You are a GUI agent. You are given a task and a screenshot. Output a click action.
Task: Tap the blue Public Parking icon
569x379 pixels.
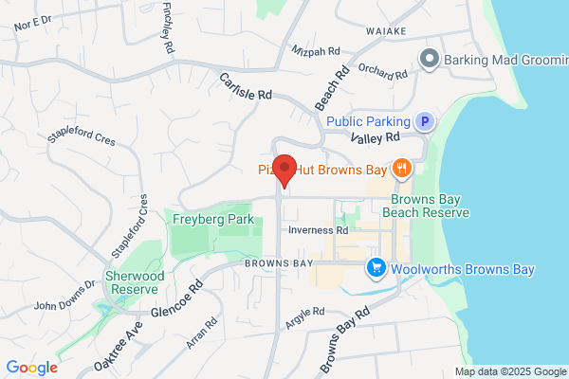pyautogui.click(x=427, y=121)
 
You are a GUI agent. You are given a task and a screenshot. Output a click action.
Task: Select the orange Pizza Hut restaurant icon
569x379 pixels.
pyautogui.click(x=403, y=169)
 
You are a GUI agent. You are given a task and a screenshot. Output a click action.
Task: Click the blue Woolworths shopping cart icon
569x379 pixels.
pyautogui.click(x=376, y=269)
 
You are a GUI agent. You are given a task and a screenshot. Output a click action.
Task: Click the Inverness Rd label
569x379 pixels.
pyautogui.click(x=318, y=230)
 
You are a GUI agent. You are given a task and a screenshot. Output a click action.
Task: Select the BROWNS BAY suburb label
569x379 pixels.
pyautogui.click(x=277, y=262)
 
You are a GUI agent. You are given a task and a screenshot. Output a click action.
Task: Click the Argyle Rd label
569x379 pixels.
pyautogui.click(x=305, y=314)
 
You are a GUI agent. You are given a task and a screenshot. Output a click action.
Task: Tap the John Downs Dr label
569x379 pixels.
pyautogui.click(x=65, y=296)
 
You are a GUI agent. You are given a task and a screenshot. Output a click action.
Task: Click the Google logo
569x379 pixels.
pyautogui.click(x=31, y=368)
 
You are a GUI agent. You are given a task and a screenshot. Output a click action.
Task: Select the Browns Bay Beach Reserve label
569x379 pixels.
pyautogui.click(x=426, y=207)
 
